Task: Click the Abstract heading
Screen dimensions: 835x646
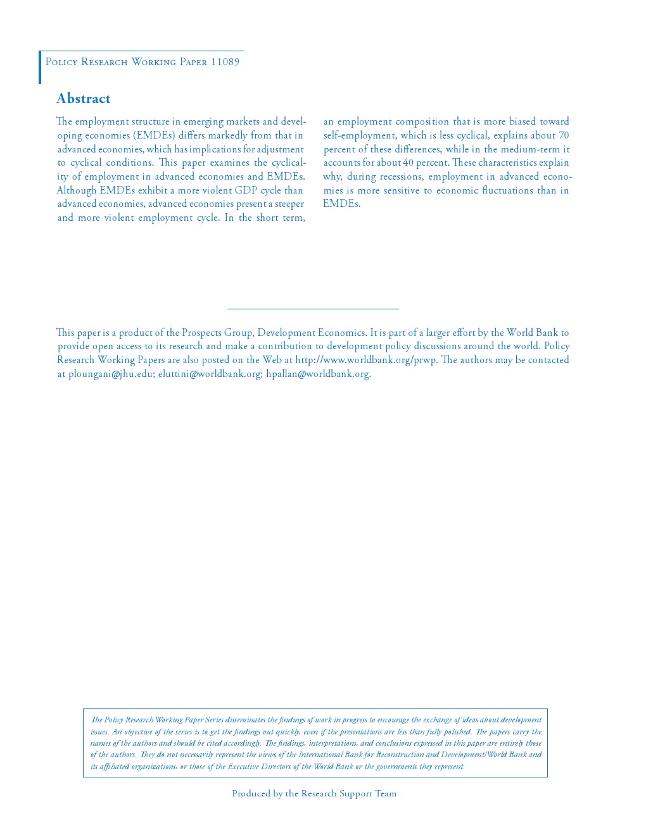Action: point(84,99)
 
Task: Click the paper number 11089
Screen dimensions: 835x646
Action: point(225,62)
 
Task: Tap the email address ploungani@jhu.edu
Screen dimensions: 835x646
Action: point(111,374)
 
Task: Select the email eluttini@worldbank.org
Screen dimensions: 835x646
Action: point(210,374)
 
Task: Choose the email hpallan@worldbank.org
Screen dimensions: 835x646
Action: point(318,374)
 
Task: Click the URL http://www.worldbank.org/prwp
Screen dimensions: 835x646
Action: point(365,360)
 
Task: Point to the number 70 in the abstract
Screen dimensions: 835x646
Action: point(564,135)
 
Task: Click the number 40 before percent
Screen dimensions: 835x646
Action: point(408,163)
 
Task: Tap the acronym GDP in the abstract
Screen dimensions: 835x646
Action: point(246,190)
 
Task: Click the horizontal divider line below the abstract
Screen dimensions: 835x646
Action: point(313,309)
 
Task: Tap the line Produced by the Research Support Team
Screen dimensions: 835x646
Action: point(314,794)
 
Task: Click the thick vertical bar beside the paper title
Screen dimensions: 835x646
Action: point(40,68)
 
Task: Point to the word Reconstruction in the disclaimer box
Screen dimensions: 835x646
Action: point(400,755)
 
